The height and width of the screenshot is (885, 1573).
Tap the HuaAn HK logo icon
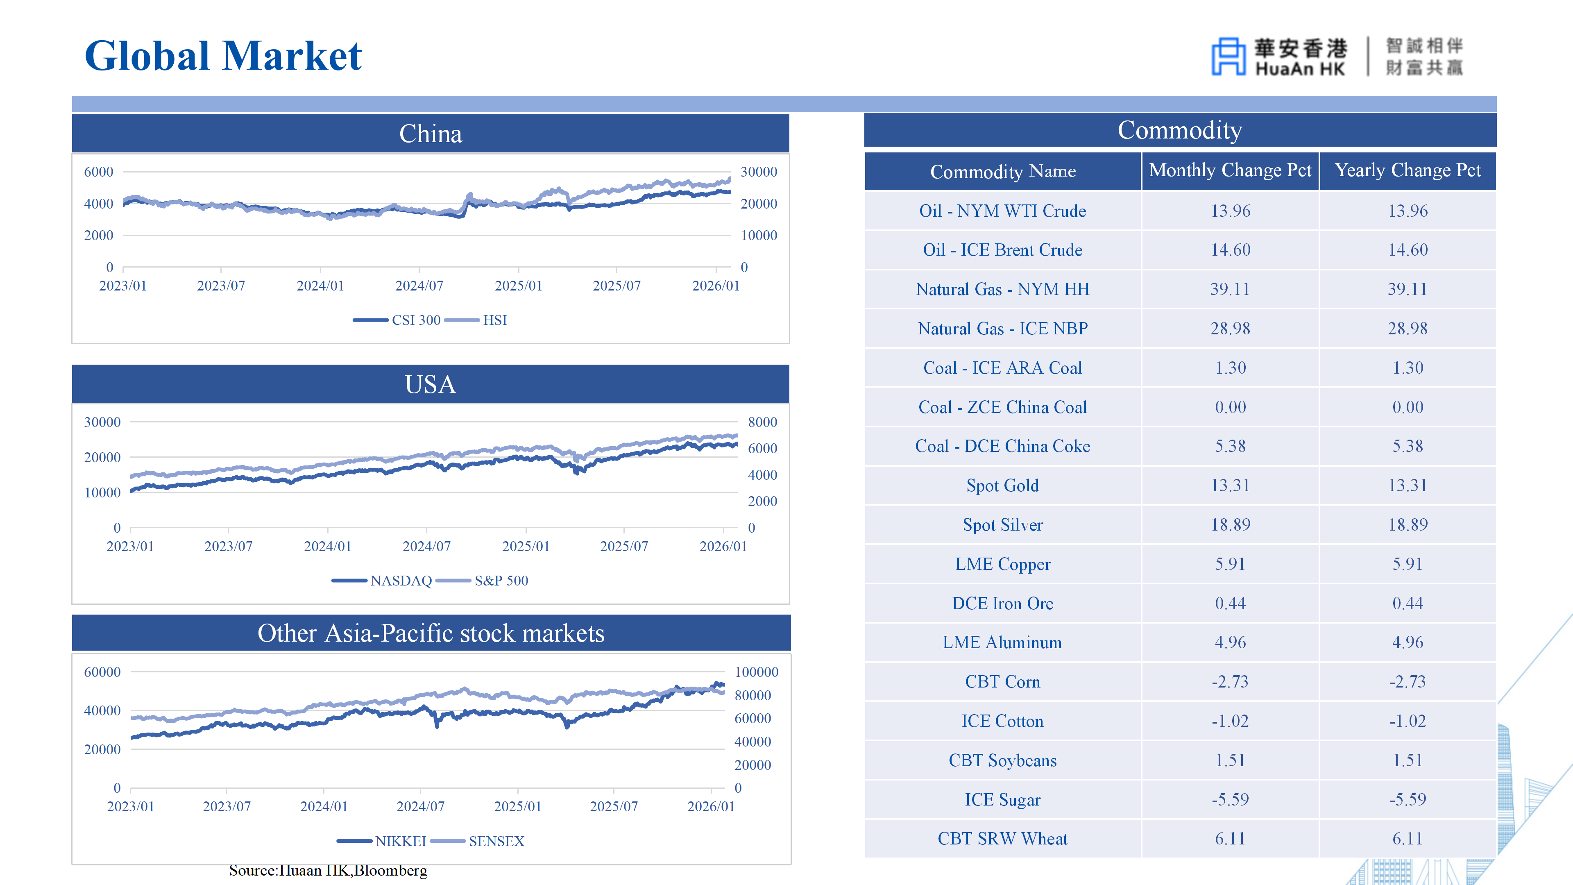(x=1228, y=56)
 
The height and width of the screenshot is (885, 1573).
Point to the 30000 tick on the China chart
(x=758, y=172)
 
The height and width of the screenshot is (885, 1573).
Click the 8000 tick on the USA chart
(x=762, y=422)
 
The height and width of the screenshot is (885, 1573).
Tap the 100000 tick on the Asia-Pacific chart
(x=756, y=672)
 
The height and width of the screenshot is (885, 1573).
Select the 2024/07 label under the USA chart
(x=426, y=547)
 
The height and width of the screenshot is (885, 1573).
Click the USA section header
(x=431, y=384)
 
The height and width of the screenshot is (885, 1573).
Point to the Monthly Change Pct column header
(x=1230, y=170)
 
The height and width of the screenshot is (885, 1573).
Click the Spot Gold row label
(x=1002, y=486)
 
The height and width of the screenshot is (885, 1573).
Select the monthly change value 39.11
(x=1230, y=289)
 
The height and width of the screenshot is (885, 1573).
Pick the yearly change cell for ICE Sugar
(x=1408, y=799)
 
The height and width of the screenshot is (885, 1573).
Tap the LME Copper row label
(x=1002, y=564)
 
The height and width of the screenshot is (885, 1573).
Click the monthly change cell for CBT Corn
(x=1230, y=682)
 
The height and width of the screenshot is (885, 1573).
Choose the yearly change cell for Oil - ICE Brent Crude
(x=1408, y=250)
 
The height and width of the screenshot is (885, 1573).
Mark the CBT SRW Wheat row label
(x=1002, y=839)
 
